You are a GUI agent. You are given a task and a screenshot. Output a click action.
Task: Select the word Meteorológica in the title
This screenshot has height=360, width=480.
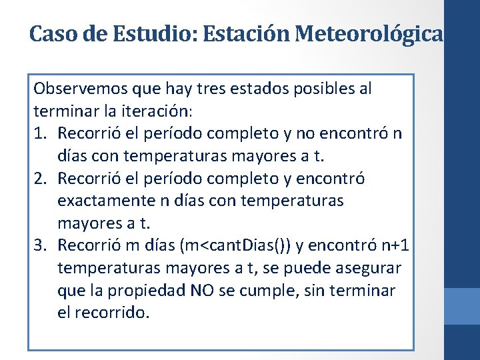click(369, 33)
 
